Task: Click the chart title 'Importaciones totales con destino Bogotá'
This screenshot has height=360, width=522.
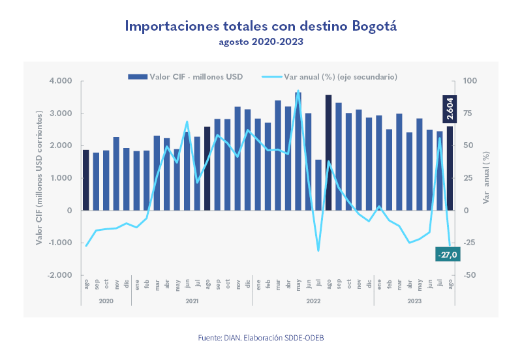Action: coord(261,27)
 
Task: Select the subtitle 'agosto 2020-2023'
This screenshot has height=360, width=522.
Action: coord(261,42)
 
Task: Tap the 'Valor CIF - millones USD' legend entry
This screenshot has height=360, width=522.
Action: coord(186,76)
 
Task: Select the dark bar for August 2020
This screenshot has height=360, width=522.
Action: coord(85,180)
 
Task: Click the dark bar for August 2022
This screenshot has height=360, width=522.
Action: coord(328,153)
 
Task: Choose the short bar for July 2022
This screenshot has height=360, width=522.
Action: coord(318,185)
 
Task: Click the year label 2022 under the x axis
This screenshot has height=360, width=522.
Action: coord(313,301)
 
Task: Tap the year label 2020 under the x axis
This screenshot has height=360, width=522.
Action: coord(106,301)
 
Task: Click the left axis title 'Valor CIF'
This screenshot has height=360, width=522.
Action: coord(40,177)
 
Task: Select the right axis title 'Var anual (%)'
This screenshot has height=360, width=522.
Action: coord(486,177)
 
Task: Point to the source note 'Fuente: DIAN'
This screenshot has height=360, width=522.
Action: coord(260,338)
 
